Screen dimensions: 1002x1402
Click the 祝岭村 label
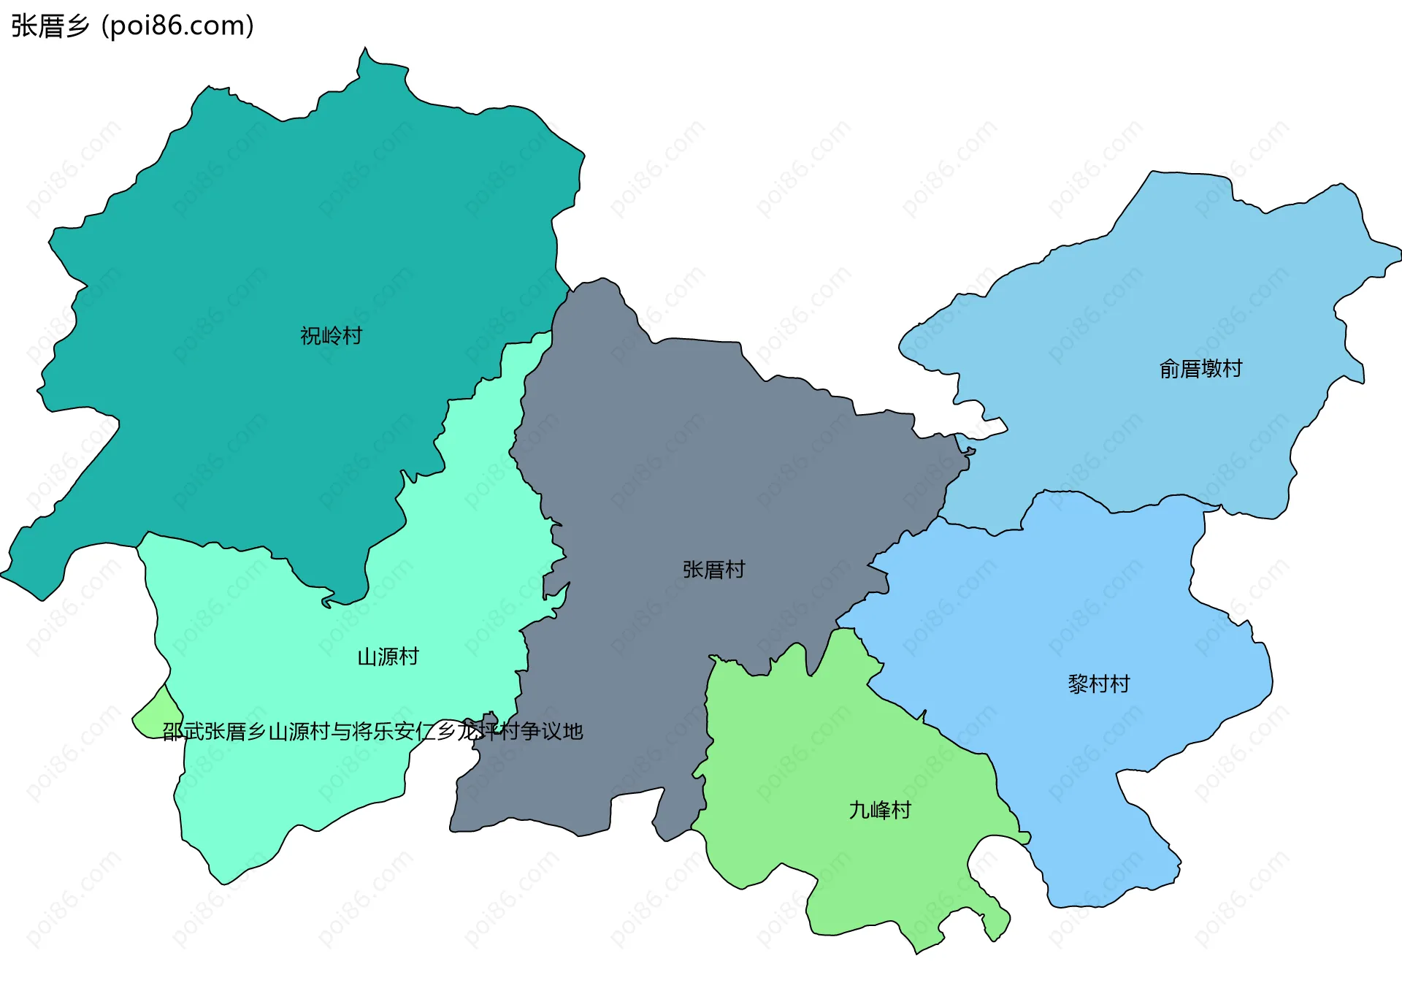click(x=331, y=336)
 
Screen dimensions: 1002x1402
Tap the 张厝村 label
click(x=713, y=570)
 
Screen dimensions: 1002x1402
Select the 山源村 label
click(x=388, y=657)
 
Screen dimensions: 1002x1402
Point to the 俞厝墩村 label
click(x=1200, y=369)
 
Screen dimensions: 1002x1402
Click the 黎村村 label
click(x=1098, y=684)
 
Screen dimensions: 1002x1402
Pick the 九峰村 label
click(x=880, y=810)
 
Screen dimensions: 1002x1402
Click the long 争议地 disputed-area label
click(x=372, y=731)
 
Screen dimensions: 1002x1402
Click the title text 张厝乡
click(x=50, y=26)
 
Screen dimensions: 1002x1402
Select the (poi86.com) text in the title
click(x=177, y=26)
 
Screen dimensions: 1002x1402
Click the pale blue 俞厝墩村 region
click(x=1168, y=292)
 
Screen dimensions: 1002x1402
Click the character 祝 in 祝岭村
click(x=310, y=336)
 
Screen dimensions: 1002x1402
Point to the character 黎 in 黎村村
click(x=1078, y=684)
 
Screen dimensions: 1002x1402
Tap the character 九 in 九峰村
click(x=859, y=810)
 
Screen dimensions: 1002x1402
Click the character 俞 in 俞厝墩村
click(x=1169, y=369)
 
